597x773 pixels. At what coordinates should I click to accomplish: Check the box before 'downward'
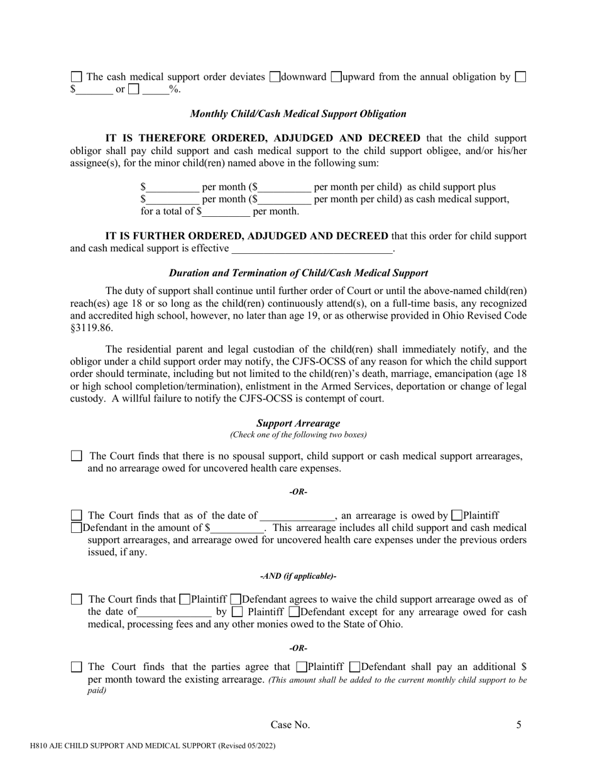click(x=275, y=77)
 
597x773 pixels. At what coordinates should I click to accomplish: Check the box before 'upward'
click(x=336, y=77)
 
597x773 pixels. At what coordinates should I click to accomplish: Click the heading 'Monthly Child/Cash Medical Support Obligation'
click(x=298, y=114)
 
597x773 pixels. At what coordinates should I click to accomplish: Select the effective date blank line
click(x=312, y=249)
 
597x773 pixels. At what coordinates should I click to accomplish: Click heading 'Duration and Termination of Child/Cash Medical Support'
click(x=298, y=273)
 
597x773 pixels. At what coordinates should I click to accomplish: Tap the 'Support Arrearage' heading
click(x=298, y=424)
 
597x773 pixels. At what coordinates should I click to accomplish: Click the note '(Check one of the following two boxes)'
click(x=298, y=435)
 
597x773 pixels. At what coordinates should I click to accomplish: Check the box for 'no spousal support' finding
click(x=76, y=456)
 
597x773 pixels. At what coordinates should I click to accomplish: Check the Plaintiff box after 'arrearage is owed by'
click(x=457, y=516)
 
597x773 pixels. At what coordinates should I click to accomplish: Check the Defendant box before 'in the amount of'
click(x=76, y=528)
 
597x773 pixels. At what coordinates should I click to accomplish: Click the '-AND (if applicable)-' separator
click(x=298, y=576)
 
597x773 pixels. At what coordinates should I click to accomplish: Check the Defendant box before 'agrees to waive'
click(x=236, y=600)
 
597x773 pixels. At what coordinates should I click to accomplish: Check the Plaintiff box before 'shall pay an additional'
click(x=301, y=667)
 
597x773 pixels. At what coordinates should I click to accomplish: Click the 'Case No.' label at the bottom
click(x=290, y=725)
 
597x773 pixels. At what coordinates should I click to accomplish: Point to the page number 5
click(x=518, y=725)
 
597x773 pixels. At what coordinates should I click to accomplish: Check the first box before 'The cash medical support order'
click(x=76, y=77)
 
